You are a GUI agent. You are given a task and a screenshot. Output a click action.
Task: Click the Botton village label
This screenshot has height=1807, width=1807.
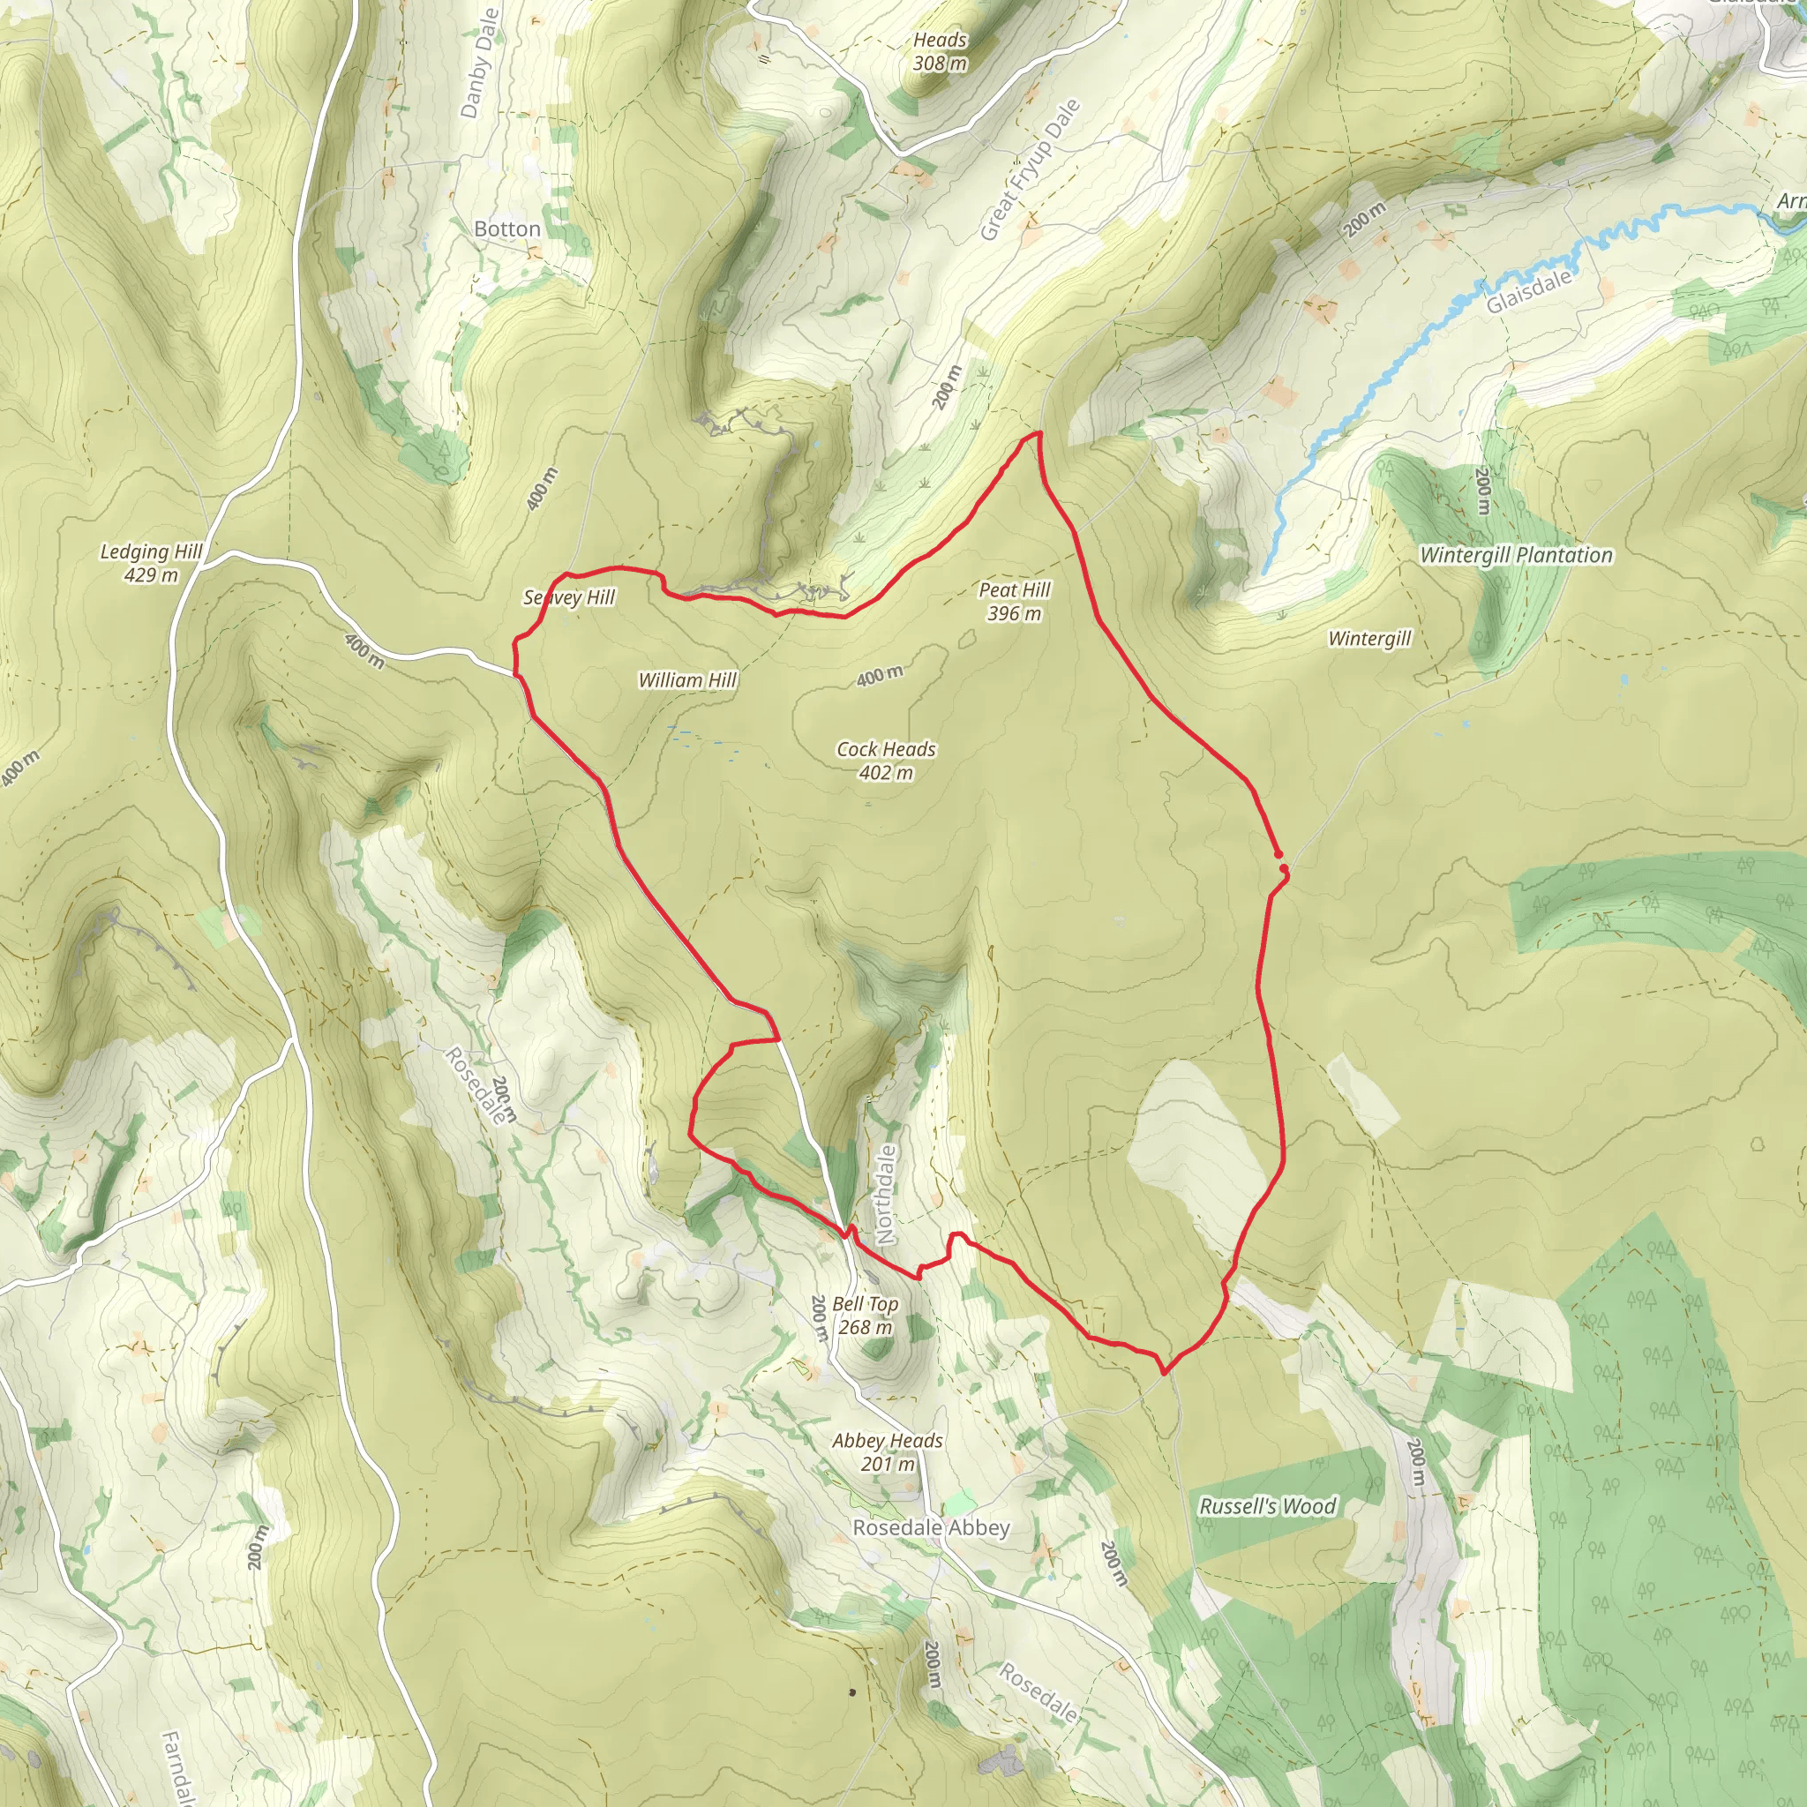tap(507, 229)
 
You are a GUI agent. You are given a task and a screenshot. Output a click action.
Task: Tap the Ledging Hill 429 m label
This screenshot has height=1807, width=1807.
tap(151, 563)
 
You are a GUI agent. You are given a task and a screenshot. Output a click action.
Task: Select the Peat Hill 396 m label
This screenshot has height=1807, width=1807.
tap(1015, 602)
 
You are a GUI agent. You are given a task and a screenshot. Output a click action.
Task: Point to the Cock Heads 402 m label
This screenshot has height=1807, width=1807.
tap(886, 761)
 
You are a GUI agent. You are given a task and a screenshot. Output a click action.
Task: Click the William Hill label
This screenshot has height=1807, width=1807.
tap(687, 680)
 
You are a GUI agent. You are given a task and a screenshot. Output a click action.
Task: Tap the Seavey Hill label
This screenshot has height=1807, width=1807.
tap(569, 596)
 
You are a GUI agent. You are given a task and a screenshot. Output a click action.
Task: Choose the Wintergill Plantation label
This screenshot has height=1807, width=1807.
tap(1516, 555)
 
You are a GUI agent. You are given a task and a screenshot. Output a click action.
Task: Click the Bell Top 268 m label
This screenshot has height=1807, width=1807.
tap(866, 1315)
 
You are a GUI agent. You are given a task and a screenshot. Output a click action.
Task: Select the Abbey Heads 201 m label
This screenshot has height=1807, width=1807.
tap(888, 1451)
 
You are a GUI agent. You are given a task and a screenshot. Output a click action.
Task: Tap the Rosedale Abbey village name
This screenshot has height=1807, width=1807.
tap(931, 1527)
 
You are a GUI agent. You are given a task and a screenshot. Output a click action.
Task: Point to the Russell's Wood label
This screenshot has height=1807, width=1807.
tap(1267, 1506)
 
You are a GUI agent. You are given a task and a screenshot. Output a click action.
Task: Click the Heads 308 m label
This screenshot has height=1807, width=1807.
tap(940, 51)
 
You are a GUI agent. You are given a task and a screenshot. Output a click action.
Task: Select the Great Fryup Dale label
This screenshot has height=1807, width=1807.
tap(1030, 170)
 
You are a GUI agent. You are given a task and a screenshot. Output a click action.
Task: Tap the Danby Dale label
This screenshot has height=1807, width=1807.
tap(481, 63)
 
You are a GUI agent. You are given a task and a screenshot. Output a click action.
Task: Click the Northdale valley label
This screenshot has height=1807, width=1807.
tap(885, 1195)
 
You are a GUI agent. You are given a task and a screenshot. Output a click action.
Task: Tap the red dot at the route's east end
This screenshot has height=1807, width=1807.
tap(1278, 854)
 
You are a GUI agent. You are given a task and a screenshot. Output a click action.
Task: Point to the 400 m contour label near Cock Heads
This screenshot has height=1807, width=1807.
tap(880, 675)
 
